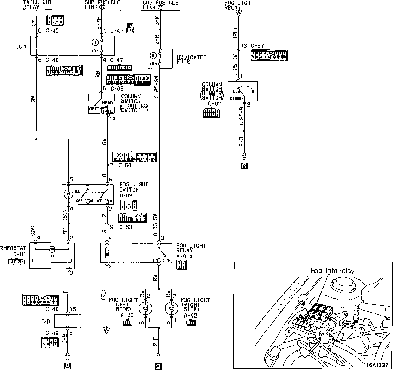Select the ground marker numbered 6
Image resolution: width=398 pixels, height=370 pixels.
point(244,166)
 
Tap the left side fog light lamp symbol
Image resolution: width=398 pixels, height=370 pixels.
point(145,308)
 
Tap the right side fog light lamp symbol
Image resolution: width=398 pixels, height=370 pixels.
point(171,308)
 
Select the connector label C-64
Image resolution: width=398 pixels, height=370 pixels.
point(125,165)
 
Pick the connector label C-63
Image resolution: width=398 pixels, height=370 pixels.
point(125,227)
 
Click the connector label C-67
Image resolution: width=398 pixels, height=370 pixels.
point(257,46)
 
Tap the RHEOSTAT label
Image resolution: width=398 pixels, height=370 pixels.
point(13,248)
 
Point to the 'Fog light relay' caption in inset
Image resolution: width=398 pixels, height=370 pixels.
point(332,271)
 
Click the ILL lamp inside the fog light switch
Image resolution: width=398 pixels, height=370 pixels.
point(68,194)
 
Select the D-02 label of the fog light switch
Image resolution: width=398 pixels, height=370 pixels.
point(126,195)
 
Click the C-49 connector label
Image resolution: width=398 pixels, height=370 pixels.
point(52,332)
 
